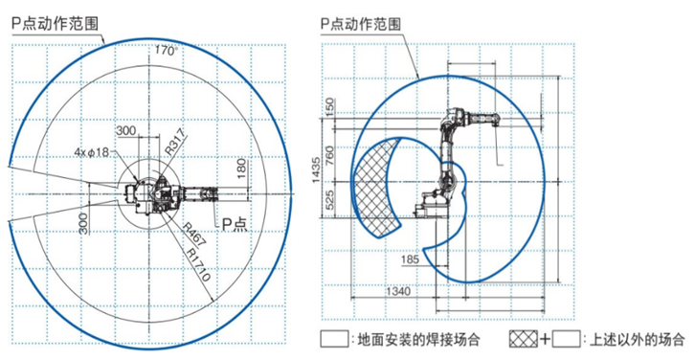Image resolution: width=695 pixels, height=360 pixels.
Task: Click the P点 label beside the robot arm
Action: click(x=234, y=224)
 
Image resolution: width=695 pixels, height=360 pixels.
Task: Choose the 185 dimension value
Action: click(x=410, y=259)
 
